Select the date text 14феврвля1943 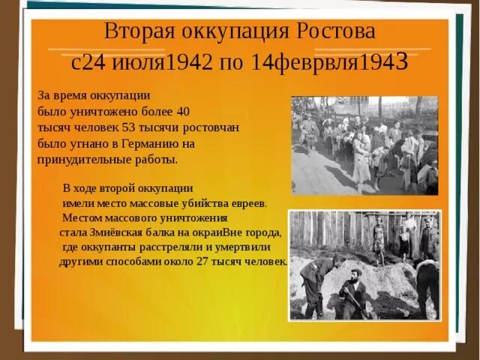point(330,62)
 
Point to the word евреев point(246,202)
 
